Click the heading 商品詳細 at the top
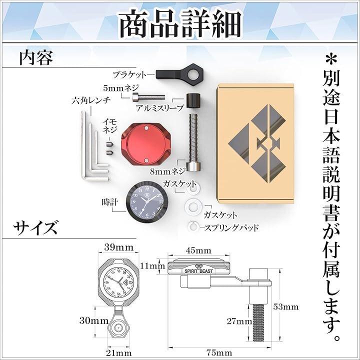coord(180,23)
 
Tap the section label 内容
coord(36,57)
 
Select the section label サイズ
coord(35,227)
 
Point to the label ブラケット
coord(129,74)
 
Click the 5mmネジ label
coord(121,88)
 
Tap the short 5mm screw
coord(148,97)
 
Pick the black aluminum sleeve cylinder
coord(193,100)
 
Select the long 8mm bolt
coord(192,142)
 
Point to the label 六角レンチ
coord(91,100)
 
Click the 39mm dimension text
coord(118,247)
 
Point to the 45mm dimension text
coord(198,250)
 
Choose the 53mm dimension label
coord(286,307)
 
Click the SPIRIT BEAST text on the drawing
coord(199,271)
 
